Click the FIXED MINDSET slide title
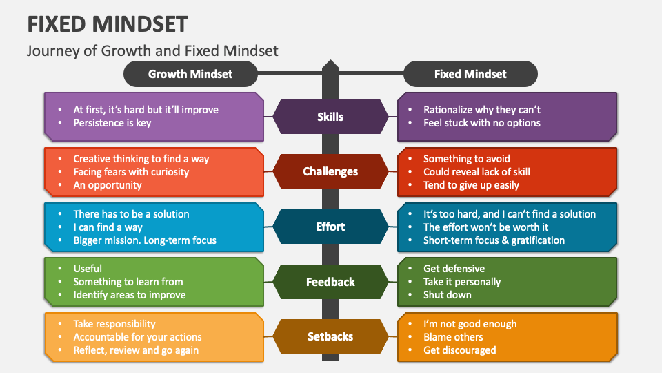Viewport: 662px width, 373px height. [x=108, y=24]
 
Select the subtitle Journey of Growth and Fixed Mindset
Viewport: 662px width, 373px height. [x=152, y=50]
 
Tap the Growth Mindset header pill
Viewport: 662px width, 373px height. [x=190, y=74]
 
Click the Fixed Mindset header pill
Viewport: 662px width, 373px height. [x=470, y=74]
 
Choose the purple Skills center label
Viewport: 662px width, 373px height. [x=330, y=117]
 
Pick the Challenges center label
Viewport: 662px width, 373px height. [x=330, y=171]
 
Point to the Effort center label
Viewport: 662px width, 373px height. [x=330, y=227]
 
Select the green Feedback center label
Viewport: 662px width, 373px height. [x=330, y=281]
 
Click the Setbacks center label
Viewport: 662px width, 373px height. [x=330, y=336]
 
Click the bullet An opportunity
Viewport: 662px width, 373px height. [x=108, y=185]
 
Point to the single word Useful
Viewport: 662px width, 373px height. [x=88, y=268]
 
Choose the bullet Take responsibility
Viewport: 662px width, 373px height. [x=114, y=323]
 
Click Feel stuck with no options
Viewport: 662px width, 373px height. [x=481, y=123]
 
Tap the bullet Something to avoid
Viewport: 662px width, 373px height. [x=467, y=159]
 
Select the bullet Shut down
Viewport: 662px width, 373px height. [x=448, y=295]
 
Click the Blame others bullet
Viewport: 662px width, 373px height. [x=453, y=337]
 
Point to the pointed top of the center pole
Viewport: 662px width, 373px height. [x=331, y=63]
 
